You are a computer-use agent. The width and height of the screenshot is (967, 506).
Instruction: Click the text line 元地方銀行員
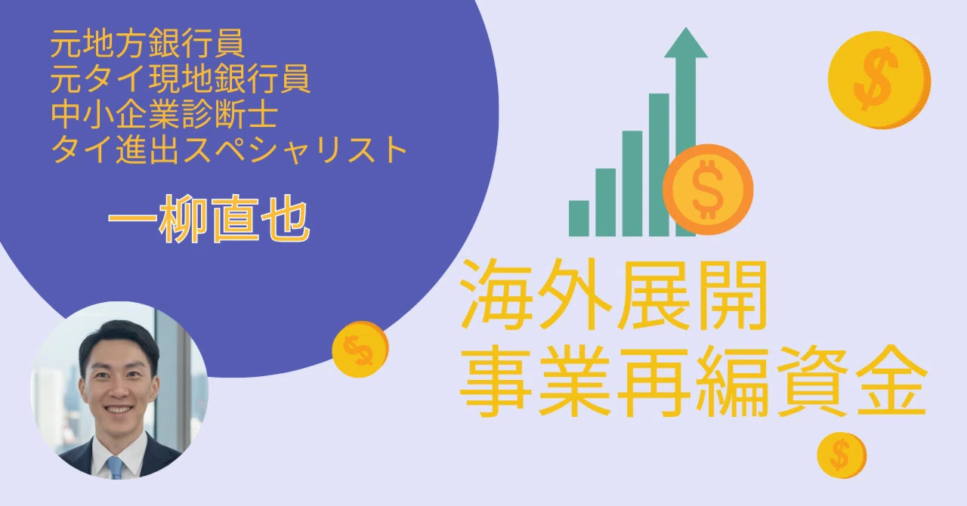(147, 44)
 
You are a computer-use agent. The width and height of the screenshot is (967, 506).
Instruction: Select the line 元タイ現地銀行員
(180, 79)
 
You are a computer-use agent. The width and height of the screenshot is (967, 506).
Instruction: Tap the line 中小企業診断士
(164, 115)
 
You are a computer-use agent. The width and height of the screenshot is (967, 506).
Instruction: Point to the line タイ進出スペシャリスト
(229, 150)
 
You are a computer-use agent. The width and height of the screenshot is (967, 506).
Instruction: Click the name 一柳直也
(209, 218)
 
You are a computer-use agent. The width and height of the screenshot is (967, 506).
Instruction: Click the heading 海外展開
(613, 295)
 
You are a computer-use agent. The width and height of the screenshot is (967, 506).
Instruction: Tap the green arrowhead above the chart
(685, 42)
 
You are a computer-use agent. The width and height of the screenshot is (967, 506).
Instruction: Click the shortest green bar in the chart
(579, 218)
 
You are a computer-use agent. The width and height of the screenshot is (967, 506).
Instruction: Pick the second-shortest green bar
(606, 202)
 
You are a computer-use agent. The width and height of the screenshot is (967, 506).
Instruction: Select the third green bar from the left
(632, 184)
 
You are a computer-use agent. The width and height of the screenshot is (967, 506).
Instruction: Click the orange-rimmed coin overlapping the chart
(708, 189)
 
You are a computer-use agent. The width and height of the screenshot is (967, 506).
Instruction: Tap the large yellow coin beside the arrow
(879, 80)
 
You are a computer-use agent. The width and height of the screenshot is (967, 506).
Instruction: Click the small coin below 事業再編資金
(842, 455)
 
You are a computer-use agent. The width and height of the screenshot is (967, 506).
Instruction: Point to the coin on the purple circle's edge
(360, 349)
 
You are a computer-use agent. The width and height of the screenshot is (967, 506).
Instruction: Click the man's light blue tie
(116, 467)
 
